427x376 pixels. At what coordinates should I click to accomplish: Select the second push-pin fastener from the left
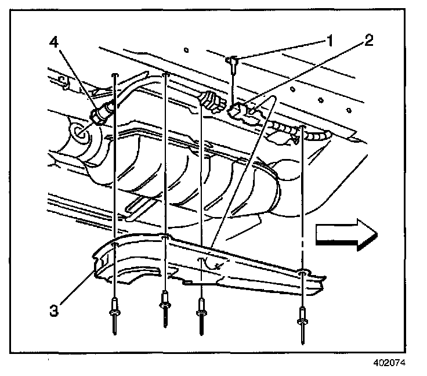(165, 304)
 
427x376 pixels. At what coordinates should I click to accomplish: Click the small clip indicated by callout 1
(233, 63)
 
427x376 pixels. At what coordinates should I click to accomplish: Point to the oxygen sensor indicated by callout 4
(102, 112)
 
